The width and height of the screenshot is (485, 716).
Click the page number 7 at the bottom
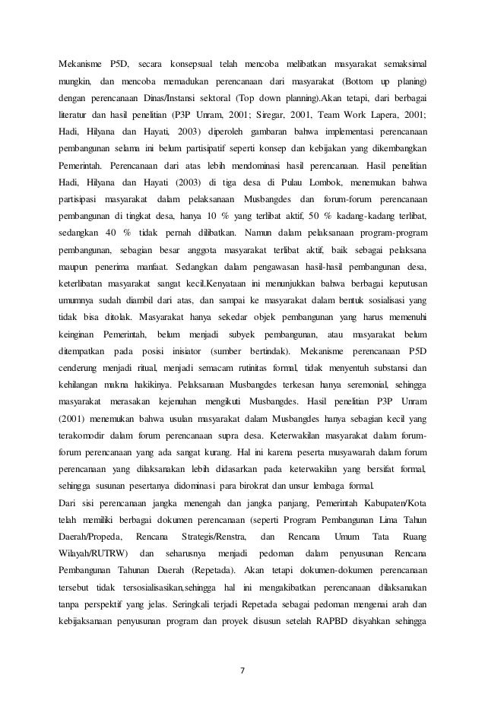point(242,670)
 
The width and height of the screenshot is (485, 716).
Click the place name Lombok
point(291,183)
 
